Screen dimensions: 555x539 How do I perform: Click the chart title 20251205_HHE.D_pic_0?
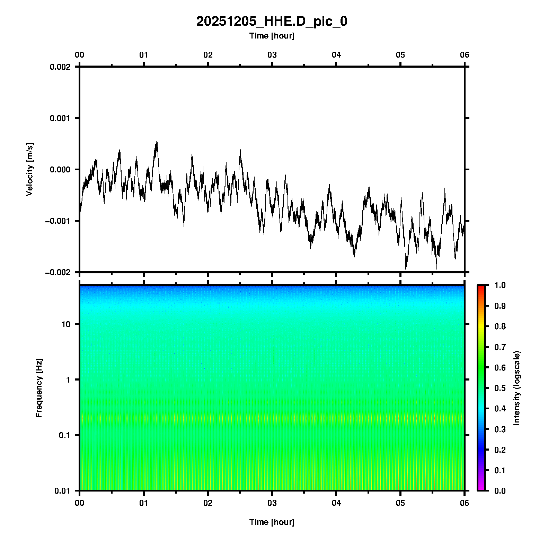pos(272,22)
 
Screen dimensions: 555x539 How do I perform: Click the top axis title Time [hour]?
pos(272,36)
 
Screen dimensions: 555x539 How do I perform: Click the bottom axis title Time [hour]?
pos(272,522)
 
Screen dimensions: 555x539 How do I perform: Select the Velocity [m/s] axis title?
pos(30,169)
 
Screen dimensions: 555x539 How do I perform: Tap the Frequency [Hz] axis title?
pos(39,388)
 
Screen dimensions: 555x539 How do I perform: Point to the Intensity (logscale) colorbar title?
pos(517,388)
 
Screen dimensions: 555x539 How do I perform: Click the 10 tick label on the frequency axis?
pos(66,324)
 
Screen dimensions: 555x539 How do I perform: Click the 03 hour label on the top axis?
pos(272,55)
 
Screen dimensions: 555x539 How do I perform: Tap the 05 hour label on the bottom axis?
pos(400,503)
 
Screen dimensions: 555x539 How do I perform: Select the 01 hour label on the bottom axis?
pos(144,503)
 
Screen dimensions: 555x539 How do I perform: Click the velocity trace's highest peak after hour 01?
pos(157,142)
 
